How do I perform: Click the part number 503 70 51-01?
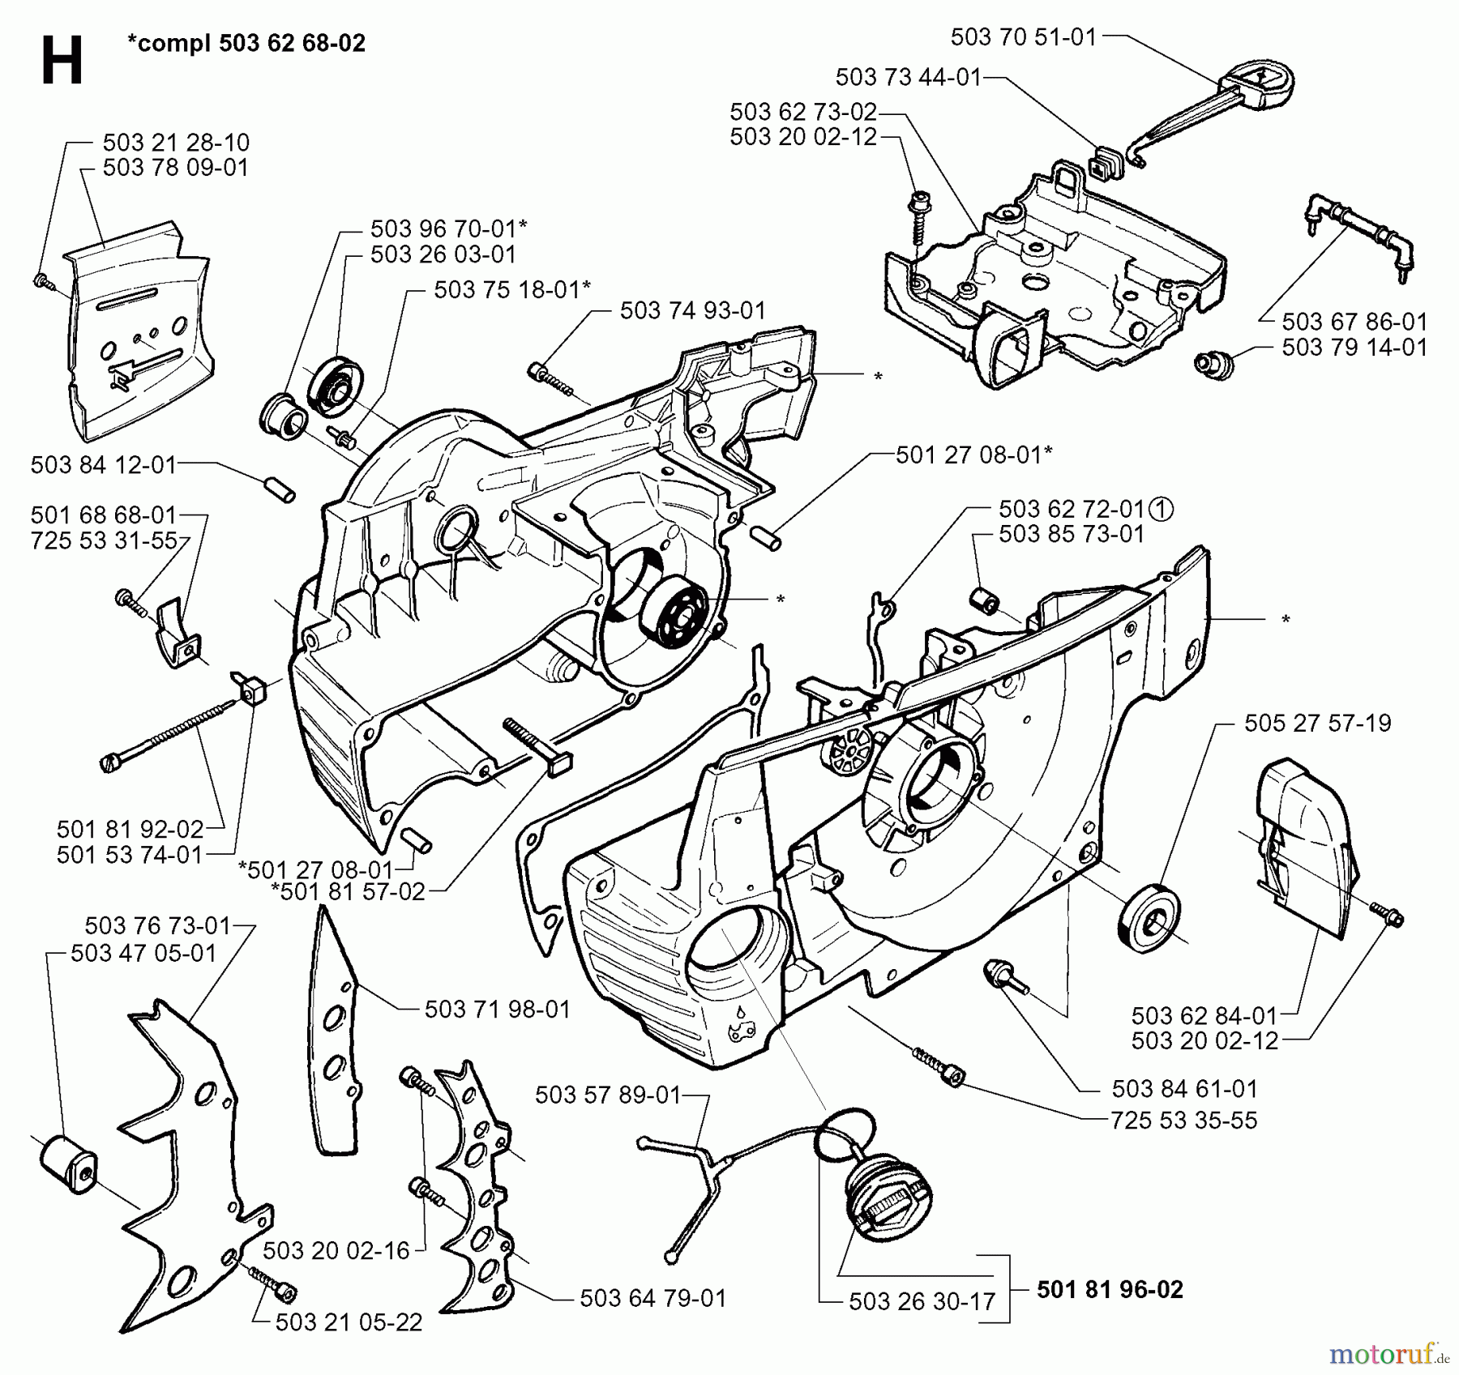click(1023, 36)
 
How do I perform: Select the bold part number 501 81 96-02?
click(1110, 1289)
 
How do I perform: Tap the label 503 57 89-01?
click(608, 1095)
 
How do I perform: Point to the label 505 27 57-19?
click(1317, 723)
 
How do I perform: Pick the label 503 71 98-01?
click(497, 1009)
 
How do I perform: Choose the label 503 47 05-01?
click(143, 953)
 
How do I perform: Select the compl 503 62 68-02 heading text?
click(246, 43)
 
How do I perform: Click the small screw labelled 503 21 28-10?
click(43, 281)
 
